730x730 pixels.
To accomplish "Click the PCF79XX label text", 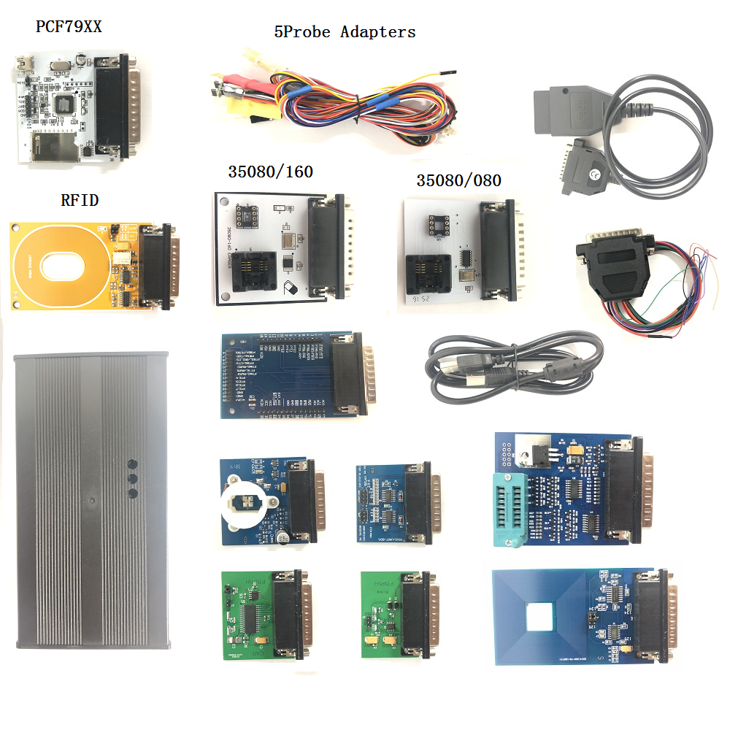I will point(69,28).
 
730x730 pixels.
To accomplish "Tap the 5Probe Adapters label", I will point(345,32).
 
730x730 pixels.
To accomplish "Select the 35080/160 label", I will point(270,172).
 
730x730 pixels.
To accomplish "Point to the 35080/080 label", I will point(458,180).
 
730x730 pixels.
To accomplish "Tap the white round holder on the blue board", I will point(245,502).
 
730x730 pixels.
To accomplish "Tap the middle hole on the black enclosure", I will point(133,479).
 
